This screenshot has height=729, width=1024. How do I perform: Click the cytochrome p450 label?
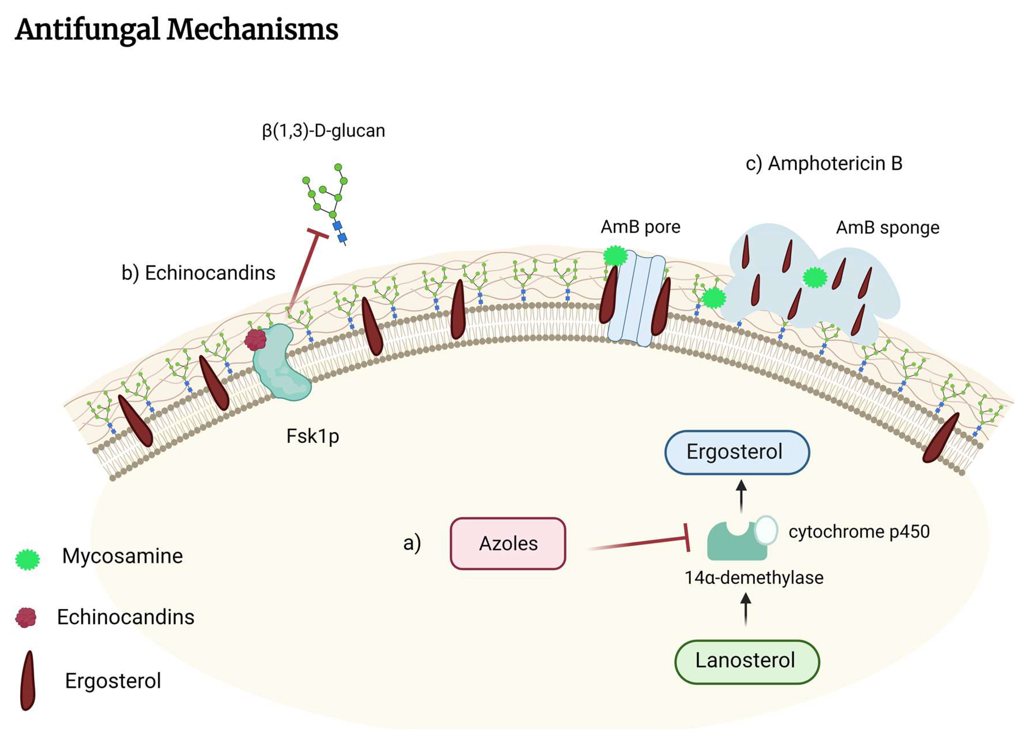859,532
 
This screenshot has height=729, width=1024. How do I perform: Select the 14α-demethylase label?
754,578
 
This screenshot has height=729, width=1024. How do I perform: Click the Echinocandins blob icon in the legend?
26,618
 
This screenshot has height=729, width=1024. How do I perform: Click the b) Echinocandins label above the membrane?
198,273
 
